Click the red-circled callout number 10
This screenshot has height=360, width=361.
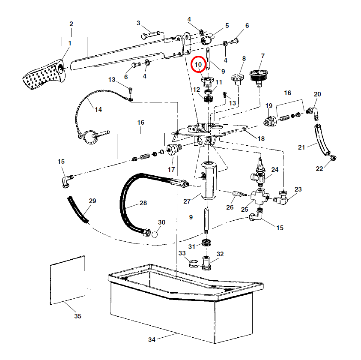[198, 65]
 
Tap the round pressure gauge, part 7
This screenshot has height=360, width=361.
[257, 74]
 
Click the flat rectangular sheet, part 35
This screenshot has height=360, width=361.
[68, 280]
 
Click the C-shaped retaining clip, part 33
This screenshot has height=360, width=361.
[194, 264]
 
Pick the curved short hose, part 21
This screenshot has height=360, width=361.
[322, 140]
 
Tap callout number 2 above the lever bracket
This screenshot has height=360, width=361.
[71, 23]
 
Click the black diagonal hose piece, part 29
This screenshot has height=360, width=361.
[78, 210]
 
